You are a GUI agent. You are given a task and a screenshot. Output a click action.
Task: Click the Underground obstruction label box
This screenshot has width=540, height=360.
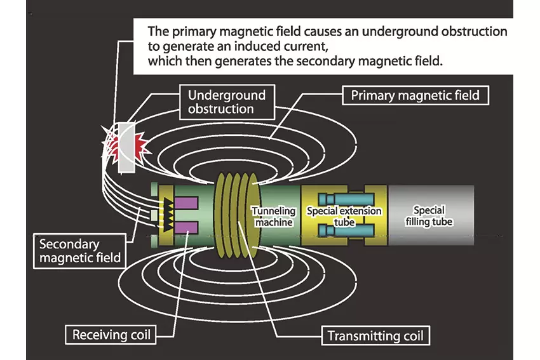coord(227,102)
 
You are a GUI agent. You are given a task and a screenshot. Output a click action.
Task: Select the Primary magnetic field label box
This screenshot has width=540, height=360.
coord(415,95)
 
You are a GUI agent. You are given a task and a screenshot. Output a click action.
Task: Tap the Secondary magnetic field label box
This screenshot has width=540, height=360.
coord(79,251)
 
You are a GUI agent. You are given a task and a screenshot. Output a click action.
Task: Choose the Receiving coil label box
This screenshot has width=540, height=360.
coord(111,335)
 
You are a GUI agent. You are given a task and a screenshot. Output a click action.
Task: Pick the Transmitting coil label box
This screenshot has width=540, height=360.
coord(375,336)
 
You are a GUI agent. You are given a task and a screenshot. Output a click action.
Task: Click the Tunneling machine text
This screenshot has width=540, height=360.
coord(274,217)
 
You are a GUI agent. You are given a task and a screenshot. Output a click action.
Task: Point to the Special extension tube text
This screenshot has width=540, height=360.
coord(344,216)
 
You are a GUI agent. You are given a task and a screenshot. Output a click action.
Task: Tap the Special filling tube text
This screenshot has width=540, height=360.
coord(429,216)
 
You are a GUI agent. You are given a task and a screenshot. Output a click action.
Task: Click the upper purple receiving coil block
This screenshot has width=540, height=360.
coord(186,203)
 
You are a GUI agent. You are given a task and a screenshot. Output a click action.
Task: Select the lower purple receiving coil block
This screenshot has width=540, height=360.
coord(186,228)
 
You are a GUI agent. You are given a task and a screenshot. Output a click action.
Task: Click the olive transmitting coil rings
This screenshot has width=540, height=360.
coord(236,215)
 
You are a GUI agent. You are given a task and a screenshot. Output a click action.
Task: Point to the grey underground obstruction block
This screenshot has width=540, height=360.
coord(126,147)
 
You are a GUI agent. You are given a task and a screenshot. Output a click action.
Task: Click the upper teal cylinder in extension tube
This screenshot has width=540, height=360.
coord(346,199)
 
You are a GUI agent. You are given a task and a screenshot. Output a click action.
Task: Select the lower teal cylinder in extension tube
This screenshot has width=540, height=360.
coord(346,230)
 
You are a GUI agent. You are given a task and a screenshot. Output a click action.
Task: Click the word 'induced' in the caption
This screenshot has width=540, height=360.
coord(256,46)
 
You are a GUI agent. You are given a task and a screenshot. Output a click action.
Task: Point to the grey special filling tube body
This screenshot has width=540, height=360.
coord(431,215)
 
